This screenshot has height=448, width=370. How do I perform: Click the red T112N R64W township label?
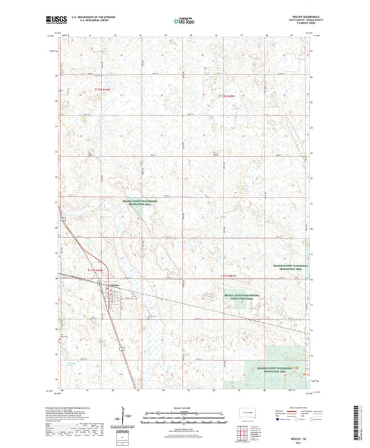(102, 90)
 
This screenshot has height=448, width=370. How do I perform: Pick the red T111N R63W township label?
(229, 277)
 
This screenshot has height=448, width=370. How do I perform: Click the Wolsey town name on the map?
(115, 284)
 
